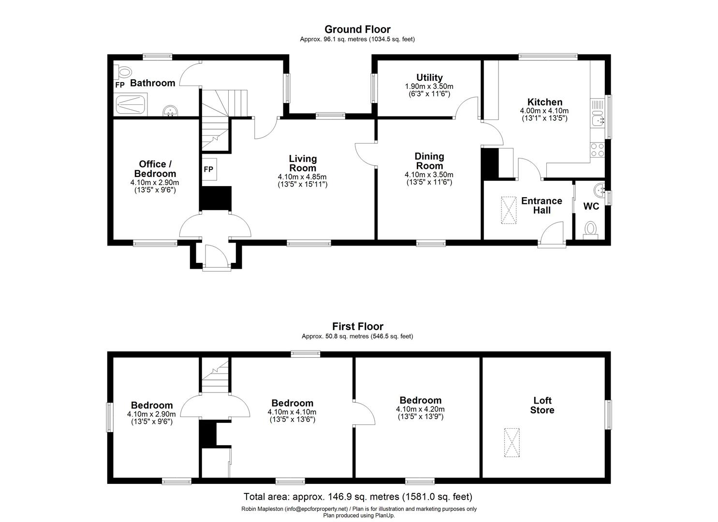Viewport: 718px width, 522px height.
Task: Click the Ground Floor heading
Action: click(x=357, y=29)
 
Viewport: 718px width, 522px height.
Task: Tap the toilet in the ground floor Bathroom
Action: click(x=124, y=72)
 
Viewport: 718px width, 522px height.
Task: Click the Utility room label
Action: click(x=429, y=77)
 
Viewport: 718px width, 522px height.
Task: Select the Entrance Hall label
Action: click(x=542, y=205)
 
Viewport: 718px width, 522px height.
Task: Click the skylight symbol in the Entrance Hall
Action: click(x=508, y=210)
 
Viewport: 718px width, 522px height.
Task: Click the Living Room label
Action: click(x=303, y=163)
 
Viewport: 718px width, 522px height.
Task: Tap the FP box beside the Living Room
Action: click(x=209, y=169)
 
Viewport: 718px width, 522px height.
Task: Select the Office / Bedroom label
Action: click(x=155, y=169)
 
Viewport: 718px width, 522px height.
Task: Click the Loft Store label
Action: click(x=542, y=405)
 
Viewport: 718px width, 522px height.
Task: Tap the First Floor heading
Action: click(x=357, y=327)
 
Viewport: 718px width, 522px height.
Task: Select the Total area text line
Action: click(x=358, y=496)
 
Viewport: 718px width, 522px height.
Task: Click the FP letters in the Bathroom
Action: click(x=119, y=85)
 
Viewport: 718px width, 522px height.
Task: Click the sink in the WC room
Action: click(x=600, y=189)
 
